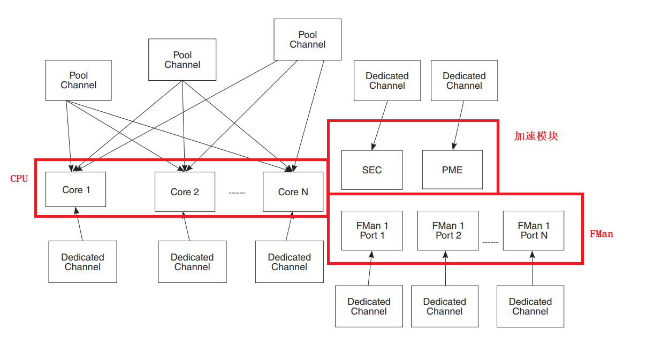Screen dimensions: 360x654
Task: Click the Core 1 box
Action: coord(75,189)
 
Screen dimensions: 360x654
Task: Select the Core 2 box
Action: coord(185,192)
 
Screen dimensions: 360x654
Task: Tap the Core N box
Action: coord(293,192)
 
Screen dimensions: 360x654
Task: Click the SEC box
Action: coord(372,170)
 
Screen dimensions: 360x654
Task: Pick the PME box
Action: coord(452,170)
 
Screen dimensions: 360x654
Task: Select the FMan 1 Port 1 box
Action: coord(372,231)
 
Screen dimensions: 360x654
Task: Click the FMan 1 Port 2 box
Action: coord(448,231)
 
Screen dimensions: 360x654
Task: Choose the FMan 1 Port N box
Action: coord(534,231)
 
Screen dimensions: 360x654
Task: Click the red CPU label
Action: coord(19,179)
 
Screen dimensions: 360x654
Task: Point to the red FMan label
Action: coord(601,234)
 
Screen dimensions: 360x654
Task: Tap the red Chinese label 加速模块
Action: coord(536,136)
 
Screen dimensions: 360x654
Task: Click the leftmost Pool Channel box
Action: coord(79,80)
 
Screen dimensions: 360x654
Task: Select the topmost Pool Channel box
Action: coord(307,40)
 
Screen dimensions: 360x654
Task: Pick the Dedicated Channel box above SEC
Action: coord(387,81)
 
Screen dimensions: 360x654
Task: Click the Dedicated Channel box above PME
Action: coord(464,81)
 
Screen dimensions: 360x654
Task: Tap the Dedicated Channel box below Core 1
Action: coord(82,262)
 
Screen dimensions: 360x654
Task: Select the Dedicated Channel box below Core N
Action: coord(289,262)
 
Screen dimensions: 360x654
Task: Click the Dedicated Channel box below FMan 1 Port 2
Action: coord(445,306)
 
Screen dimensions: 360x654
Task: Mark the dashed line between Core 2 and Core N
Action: coord(237,193)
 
